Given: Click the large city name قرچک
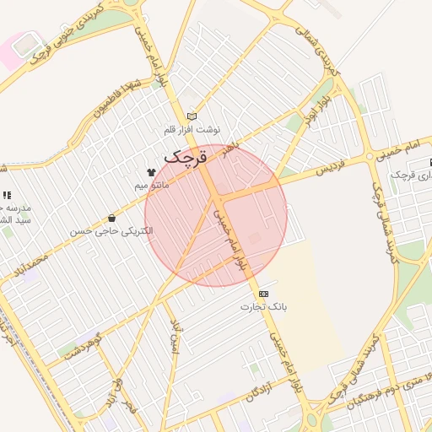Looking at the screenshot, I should coord(186,157).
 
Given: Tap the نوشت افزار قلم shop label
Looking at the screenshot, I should coord(192,130).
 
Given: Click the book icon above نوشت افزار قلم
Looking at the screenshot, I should coord(192,116).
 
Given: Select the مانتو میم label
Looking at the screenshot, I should coord(152,184).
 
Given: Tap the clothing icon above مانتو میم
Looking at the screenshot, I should coord(152,171).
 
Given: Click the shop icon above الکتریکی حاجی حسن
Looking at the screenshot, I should coord(111,219).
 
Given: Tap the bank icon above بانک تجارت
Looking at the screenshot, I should coord(264,293).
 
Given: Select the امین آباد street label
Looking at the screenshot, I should coord(176,337).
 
